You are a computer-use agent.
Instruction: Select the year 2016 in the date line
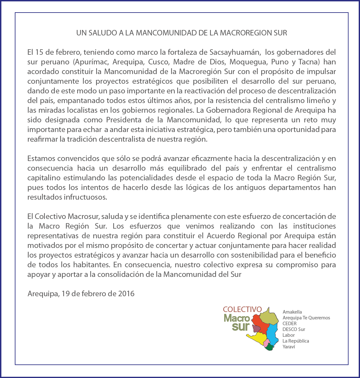(x=126, y=294)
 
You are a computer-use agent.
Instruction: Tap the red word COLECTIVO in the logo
(x=242, y=309)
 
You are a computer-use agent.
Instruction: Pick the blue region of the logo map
(x=273, y=333)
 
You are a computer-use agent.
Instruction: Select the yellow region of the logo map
(x=257, y=337)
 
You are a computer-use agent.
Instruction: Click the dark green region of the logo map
(x=269, y=347)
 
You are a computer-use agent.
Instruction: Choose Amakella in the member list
(x=292, y=312)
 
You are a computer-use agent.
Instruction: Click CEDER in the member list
(x=290, y=324)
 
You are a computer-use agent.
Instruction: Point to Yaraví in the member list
(x=289, y=347)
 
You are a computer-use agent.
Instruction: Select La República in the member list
(x=296, y=341)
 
